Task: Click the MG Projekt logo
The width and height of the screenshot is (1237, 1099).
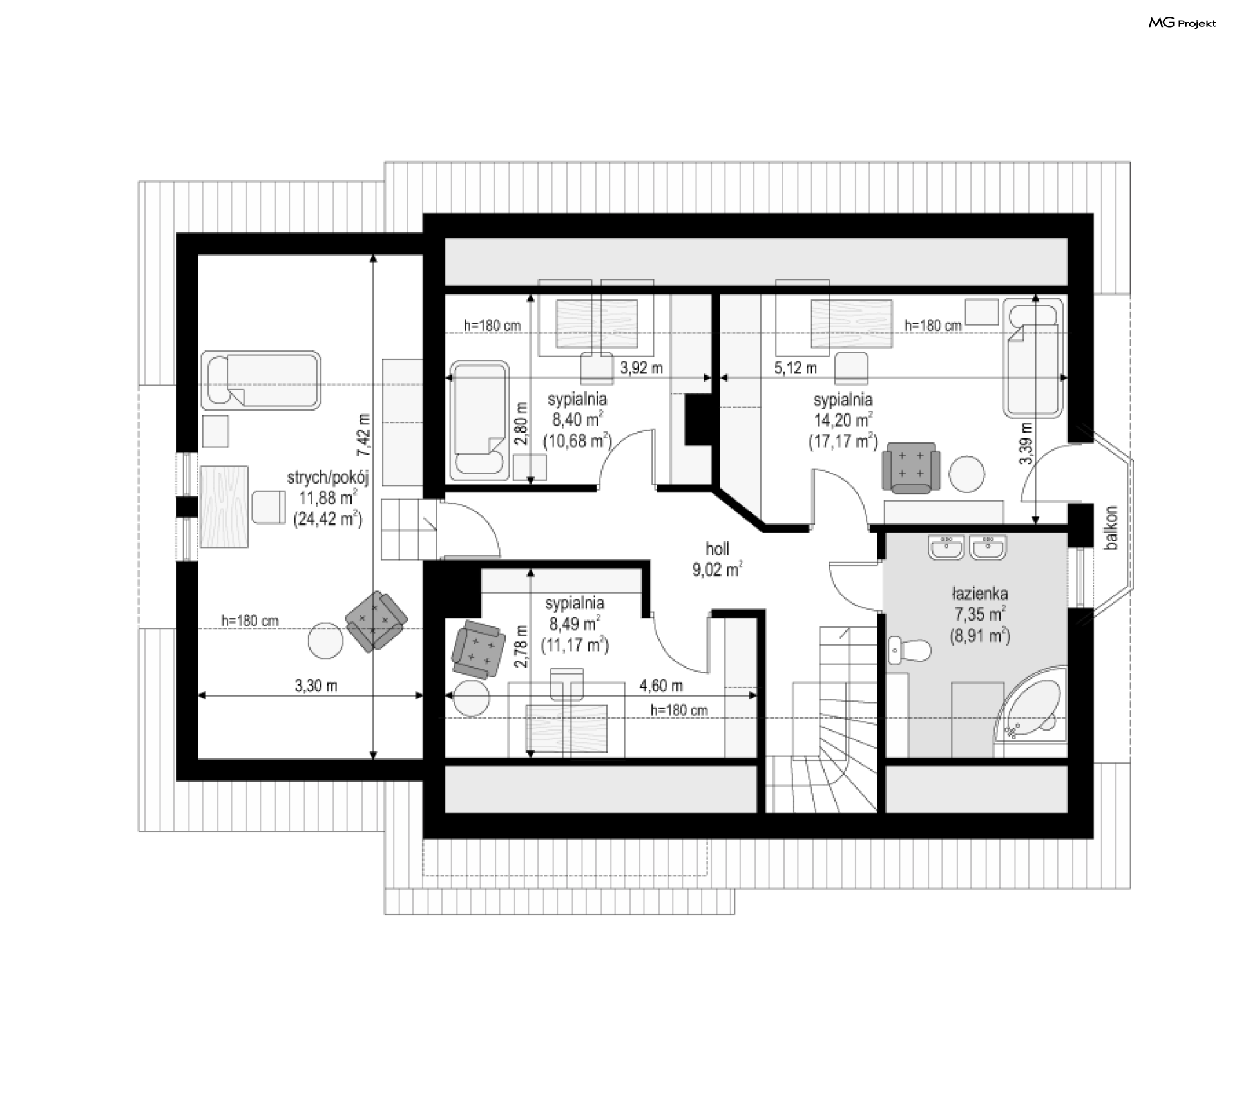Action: (x=1182, y=23)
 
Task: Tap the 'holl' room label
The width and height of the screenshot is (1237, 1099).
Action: (x=717, y=549)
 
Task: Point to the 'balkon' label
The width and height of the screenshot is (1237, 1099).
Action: (x=1111, y=528)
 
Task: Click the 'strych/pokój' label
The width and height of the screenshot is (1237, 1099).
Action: (x=327, y=477)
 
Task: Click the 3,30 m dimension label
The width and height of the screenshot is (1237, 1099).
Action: (x=316, y=686)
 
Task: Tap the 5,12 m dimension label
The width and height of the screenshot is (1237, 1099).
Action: (x=796, y=368)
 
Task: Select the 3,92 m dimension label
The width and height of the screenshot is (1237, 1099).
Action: (x=641, y=368)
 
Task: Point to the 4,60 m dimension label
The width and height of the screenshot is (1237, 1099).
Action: (x=661, y=686)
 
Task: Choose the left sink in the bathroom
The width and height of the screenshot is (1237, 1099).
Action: (x=946, y=547)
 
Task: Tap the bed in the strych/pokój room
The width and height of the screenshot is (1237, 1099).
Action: (x=261, y=380)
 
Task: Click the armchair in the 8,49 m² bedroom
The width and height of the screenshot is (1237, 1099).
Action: (x=477, y=649)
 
